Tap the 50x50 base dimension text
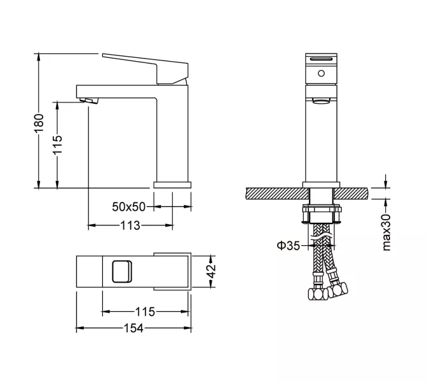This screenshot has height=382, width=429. tap(129, 206)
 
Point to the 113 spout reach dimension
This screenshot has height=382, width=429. tap(130, 225)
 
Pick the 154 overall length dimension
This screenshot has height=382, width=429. tap(132, 329)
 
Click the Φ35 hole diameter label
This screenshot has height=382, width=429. tap(287, 244)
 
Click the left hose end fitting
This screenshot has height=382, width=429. tap(313, 295)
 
